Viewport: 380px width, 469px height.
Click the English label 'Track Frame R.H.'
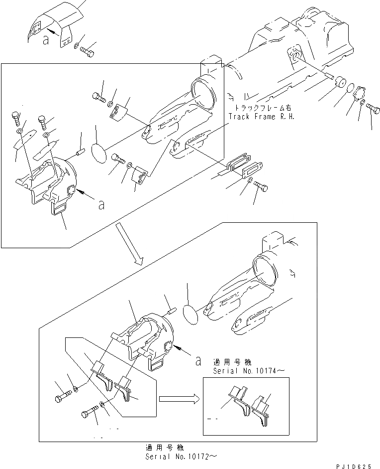click(x=261, y=117)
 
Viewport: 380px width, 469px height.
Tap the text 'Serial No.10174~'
click(x=242, y=371)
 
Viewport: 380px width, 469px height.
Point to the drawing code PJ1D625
click(x=354, y=466)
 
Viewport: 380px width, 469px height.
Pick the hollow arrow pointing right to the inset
click(x=177, y=399)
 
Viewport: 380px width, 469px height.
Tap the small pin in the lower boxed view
click(x=171, y=312)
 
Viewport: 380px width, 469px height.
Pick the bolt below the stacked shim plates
click(x=261, y=185)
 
